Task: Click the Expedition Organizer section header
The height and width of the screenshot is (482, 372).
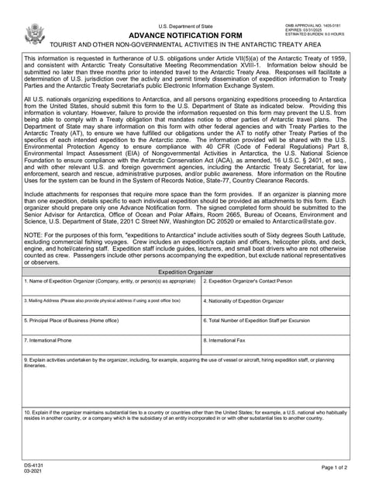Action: click(x=185, y=272)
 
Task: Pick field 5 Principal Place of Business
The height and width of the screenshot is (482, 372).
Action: click(x=112, y=326)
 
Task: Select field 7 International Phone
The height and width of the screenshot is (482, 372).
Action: click(x=112, y=345)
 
